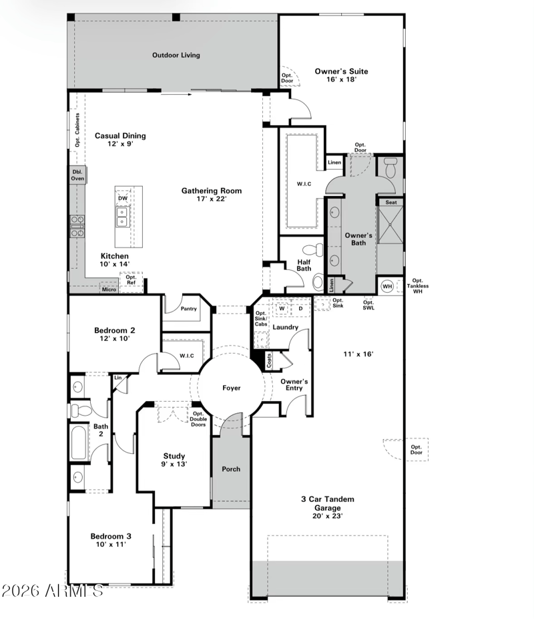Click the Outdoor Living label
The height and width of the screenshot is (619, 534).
[176, 55]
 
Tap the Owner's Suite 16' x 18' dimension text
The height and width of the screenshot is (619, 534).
[341, 80]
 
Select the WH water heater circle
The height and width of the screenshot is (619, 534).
[387, 286]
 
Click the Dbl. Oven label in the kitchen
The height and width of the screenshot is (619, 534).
[77, 175]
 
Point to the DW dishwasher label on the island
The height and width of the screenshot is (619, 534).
[123, 198]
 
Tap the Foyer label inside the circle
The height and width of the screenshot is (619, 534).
[232, 388]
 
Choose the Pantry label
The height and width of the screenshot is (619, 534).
[188, 309]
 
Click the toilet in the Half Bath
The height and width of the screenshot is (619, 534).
[313, 249]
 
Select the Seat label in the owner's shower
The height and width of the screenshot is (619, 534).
[391, 203]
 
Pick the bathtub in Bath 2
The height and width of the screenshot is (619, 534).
[79, 442]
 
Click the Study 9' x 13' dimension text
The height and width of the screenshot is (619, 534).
[174, 464]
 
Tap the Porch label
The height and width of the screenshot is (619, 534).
[231, 469]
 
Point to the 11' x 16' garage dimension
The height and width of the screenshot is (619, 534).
[358, 354]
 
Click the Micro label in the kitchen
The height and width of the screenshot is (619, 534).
[109, 289]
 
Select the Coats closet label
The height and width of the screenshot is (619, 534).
[269, 360]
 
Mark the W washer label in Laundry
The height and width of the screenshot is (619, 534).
[282, 309]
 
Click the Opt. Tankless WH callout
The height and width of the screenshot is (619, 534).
[418, 286]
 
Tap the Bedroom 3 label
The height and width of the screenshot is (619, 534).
[111, 536]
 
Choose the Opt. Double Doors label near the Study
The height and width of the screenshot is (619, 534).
[198, 419]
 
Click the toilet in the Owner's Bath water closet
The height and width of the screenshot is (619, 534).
[390, 168]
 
